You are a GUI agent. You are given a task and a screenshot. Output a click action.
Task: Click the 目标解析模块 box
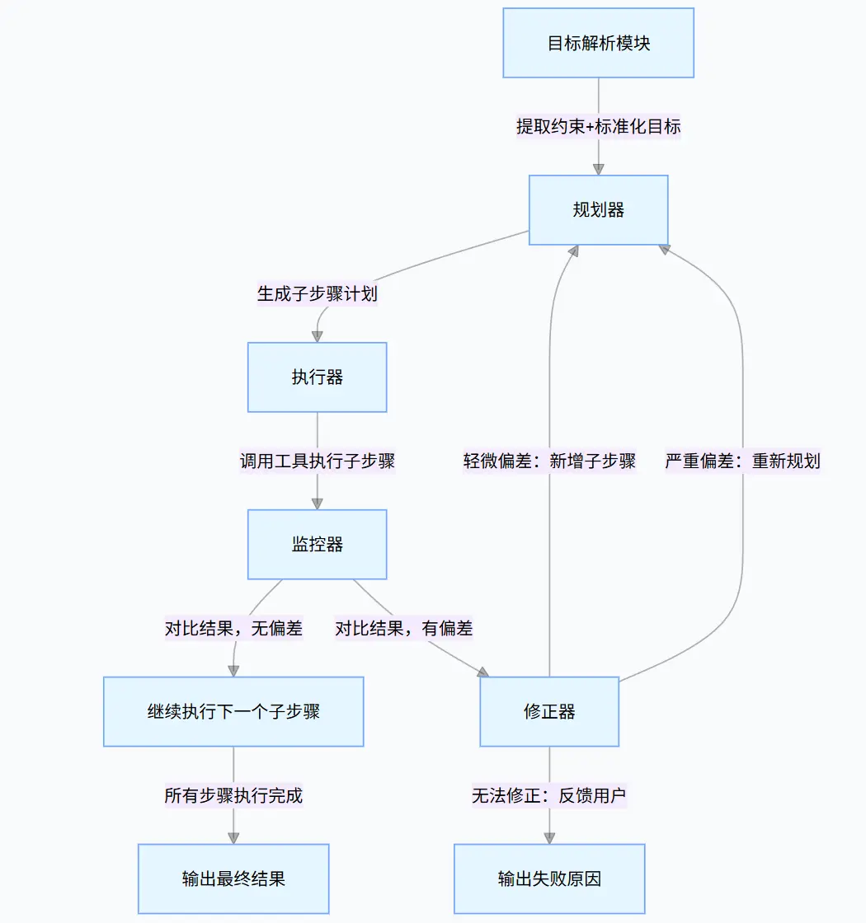(x=599, y=43)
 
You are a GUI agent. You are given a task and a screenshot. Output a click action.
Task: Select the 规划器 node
(x=599, y=210)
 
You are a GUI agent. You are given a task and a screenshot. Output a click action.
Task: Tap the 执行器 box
(x=318, y=377)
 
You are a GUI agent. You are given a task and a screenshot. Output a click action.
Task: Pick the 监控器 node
(x=318, y=544)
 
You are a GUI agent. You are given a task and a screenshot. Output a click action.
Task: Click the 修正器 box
(x=549, y=711)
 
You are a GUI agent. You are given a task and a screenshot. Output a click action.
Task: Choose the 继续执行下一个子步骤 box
(x=233, y=711)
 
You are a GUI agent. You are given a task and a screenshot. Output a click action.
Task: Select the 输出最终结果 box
(x=233, y=878)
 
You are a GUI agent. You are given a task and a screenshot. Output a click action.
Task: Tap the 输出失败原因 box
(x=549, y=878)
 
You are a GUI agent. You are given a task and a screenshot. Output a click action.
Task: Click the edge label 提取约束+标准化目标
(x=599, y=127)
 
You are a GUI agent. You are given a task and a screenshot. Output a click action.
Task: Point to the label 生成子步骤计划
(x=318, y=294)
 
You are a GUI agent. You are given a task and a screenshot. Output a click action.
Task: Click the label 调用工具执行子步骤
(x=318, y=461)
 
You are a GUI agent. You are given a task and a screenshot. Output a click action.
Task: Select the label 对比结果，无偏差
(x=233, y=629)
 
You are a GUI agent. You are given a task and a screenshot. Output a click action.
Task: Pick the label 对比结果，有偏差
(x=404, y=629)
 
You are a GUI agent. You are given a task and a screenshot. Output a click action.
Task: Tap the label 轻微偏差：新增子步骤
(x=549, y=461)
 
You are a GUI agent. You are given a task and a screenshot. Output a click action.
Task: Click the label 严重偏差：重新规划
(x=742, y=461)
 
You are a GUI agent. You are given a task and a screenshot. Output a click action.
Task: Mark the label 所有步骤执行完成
(x=233, y=795)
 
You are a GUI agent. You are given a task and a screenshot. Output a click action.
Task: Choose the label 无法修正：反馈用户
(x=549, y=795)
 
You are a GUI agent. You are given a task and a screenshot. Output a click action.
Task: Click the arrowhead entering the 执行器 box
(x=318, y=336)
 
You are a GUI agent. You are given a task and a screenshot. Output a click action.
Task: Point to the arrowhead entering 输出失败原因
(x=549, y=838)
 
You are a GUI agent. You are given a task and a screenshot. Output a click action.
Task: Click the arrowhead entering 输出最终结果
(x=233, y=838)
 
